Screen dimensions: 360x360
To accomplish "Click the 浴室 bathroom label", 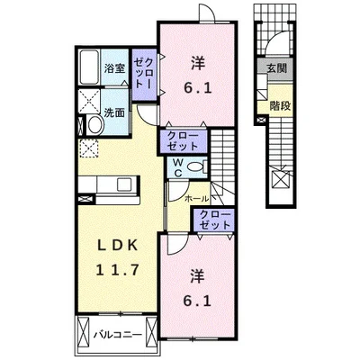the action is pyautogui.click(x=114, y=68).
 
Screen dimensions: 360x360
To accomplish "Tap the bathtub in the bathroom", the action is pyautogui.click(x=89, y=67).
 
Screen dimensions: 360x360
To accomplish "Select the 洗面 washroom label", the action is pyautogui.click(x=114, y=113).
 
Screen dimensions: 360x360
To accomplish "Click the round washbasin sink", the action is pyautogui.click(x=95, y=125).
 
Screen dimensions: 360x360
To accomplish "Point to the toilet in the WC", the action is pyautogui.click(x=197, y=166).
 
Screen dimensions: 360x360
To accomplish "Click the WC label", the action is pyautogui.click(x=178, y=167).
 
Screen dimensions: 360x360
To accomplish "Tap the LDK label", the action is pyautogui.click(x=118, y=246).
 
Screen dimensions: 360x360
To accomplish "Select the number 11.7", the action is pyautogui.click(x=118, y=270).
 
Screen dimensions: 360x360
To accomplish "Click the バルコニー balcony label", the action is pyautogui.click(x=117, y=334).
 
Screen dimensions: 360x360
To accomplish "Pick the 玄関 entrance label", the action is pyautogui.click(x=276, y=68).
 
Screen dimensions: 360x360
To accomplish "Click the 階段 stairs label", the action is pyautogui.click(x=280, y=106).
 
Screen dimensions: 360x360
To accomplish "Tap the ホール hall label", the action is pyautogui.click(x=196, y=199).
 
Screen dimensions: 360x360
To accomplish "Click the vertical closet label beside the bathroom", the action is pyautogui.click(x=145, y=74).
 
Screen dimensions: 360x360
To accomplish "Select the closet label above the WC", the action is pyautogui.click(x=183, y=141).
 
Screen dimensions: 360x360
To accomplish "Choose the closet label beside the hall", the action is pyautogui.click(x=215, y=220).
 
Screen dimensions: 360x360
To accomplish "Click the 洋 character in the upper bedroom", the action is pyautogui.click(x=198, y=64).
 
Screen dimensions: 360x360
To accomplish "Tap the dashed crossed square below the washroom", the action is pyautogui.click(x=89, y=148).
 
